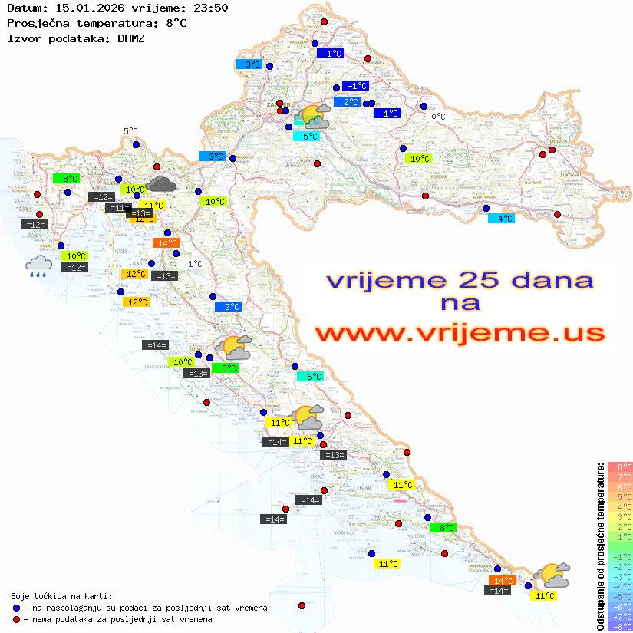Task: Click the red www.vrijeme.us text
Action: click(460, 333)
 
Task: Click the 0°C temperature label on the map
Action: click(438, 117)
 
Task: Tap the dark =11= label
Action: click(118, 207)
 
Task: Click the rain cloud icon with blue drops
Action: click(38, 266)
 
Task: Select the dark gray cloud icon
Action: click(161, 183)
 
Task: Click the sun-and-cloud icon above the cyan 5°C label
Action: click(314, 117)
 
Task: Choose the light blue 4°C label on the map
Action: click(502, 218)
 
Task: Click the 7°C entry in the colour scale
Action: click(620, 477)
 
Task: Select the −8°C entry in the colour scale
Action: click(620, 626)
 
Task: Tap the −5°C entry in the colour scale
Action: click(620, 596)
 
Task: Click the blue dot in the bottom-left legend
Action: click(17, 608)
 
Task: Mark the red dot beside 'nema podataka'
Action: click(17, 619)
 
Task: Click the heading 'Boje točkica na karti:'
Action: click(61, 596)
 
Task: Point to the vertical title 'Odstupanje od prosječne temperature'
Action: click(600, 546)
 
